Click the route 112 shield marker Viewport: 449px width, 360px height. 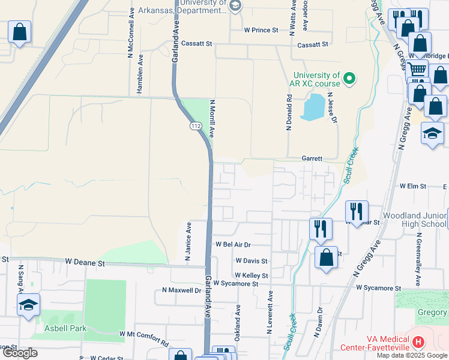pos(196,126)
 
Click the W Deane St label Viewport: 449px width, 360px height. pos(85,263)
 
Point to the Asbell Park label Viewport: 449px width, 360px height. pos(65,328)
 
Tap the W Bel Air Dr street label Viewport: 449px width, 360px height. pos(233,245)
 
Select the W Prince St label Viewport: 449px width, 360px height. pos(261,29)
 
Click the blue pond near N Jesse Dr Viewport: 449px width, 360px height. pos(313,107)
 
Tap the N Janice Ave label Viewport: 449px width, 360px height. pos(188,241)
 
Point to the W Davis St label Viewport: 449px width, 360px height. pos(251,261)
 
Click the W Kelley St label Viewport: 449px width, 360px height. pos(251,275)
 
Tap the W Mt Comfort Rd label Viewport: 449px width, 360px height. pos(144,338)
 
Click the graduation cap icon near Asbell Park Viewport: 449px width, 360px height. pos(28,305)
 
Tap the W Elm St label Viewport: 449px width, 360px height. pos(412,187)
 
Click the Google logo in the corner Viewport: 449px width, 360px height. pos(20,353)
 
